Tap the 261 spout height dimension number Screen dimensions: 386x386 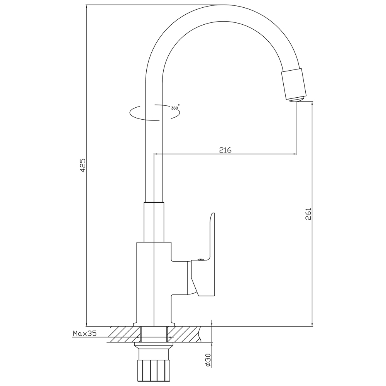click(x=308, y=214)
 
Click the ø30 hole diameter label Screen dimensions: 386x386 click(x=207, y=360)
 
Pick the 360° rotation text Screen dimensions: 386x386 click(x=175, y=108)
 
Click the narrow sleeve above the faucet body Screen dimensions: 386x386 click(x=154, y=222)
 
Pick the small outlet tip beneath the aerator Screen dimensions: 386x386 click(x=296, y=100)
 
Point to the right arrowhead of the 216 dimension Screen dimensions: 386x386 click(x=295, y=154)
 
